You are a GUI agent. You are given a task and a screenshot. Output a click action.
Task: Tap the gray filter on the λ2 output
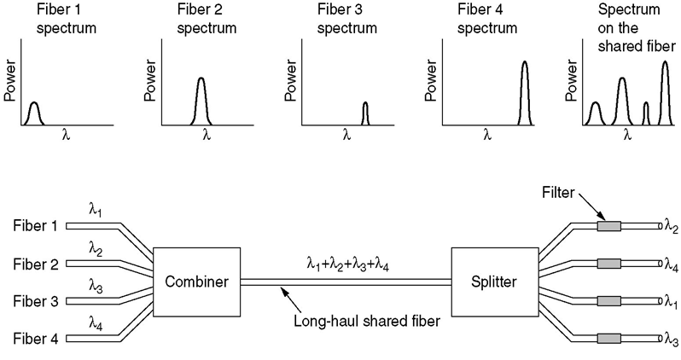[x=608, y=226]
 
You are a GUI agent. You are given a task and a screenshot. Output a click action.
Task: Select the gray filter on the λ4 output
[x=608, y=264]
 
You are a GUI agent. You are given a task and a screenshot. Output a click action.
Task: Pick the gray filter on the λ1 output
[x=608, y=301]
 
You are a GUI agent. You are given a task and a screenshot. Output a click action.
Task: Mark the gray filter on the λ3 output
[x=608, y=339]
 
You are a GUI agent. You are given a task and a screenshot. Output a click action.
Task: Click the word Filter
[x=558, y=192]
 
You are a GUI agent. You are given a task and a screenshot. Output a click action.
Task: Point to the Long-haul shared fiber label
[x=367, y=322]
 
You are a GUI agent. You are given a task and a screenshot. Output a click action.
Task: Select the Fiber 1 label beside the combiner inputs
[x=36, y=226]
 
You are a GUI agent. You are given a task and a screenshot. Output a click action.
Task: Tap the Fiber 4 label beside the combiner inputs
[x=36, y=339]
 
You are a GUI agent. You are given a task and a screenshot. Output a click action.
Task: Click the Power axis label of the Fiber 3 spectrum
[x=290, y=81]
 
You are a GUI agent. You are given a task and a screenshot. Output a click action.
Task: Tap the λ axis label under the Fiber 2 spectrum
[x=207, y=136]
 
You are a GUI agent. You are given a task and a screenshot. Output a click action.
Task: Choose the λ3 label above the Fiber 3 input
[x=96, y=287]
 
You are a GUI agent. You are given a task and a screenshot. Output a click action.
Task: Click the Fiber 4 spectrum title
[x=487, y=19]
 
